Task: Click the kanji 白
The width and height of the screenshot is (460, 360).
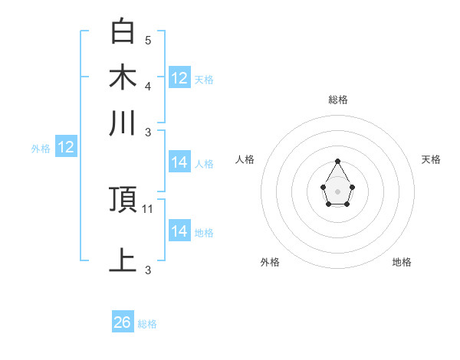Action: (123, 32)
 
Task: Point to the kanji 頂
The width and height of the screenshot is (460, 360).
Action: (123, 200)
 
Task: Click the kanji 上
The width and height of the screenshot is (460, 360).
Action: (123, 260)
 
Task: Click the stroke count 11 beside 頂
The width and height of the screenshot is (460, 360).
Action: (149, 208)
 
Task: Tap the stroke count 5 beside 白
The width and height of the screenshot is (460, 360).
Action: (148, 40)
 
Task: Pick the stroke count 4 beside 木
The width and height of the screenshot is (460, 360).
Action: (148, 85)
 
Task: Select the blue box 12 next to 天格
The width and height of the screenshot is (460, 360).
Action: (179, 78)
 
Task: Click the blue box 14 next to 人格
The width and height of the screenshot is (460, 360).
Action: (179, 162)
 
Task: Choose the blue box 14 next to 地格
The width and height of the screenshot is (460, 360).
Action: (179, 231)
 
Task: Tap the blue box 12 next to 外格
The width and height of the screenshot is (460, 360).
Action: (66, 148)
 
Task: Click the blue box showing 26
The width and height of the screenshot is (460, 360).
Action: (123, 322)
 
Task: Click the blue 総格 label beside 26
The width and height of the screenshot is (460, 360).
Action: (147, 324)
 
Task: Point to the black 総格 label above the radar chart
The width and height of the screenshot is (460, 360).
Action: (338, 100)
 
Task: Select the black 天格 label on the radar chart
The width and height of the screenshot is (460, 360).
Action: (432, 159)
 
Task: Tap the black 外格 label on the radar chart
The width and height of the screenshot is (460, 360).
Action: (270, 262)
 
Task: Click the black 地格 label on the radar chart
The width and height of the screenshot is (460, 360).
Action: (402, 262)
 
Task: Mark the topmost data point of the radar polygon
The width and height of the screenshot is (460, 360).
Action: (338, 161)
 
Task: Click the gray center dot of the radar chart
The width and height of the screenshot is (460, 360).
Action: (338, 191)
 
